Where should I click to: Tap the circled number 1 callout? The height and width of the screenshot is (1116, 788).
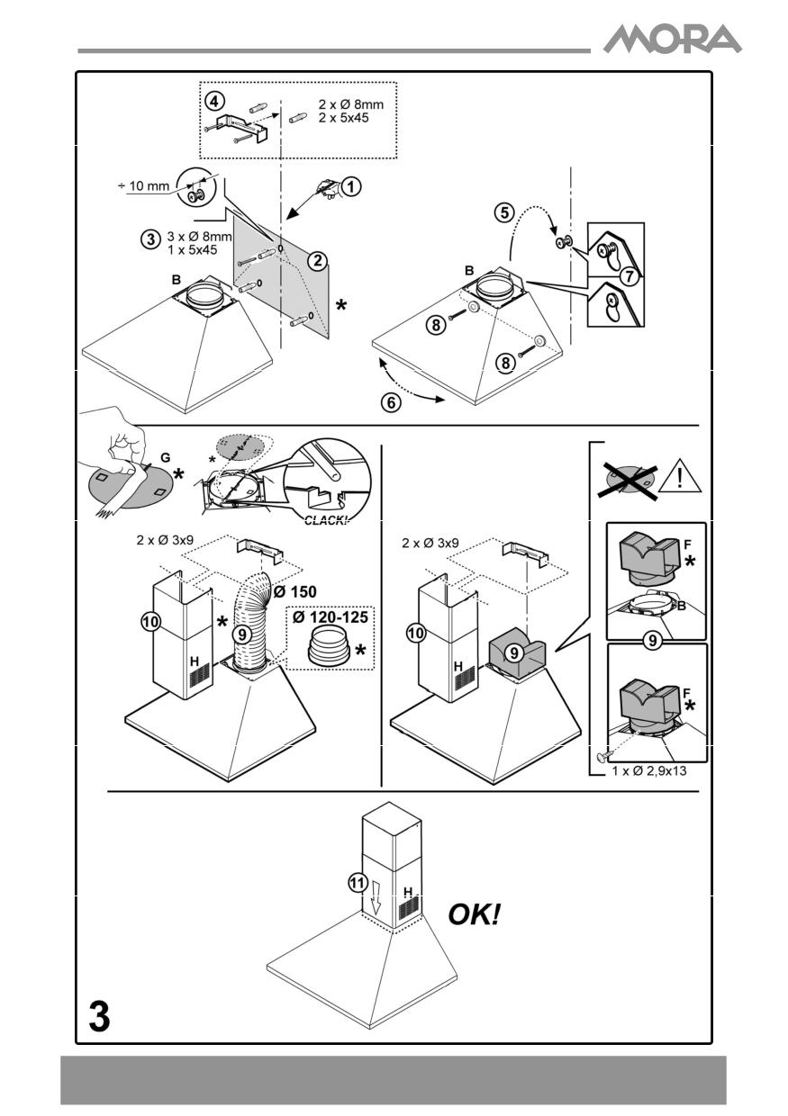click(x=352, y=185)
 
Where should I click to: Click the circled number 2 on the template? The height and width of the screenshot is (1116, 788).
click(x=316, y=261)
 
